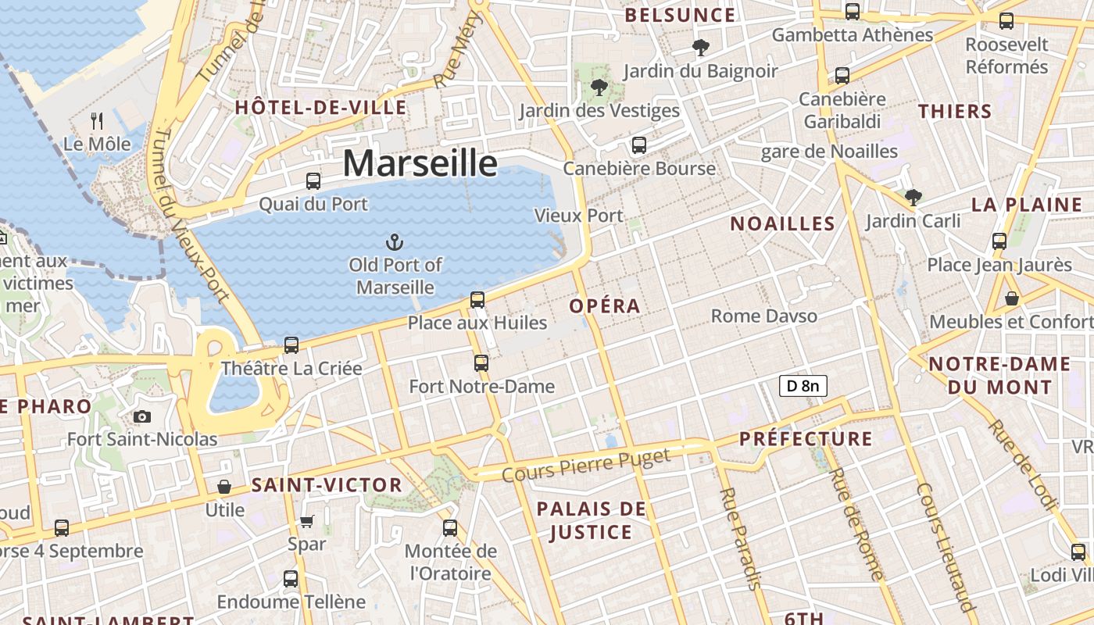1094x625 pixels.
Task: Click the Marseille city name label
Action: (420, 163)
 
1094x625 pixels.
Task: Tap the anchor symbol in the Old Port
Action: (395, 241)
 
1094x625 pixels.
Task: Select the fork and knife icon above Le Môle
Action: (97, 120)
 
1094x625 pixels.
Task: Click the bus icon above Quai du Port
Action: (313, 181)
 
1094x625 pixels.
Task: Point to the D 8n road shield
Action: (803, 385)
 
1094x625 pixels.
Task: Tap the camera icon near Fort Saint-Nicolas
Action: (141, 416)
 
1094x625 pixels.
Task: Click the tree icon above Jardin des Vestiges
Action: (599, 87)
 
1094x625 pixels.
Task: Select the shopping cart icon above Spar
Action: (307, 521)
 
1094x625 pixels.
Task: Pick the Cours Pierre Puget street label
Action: (586, 465)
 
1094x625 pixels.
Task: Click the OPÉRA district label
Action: (605, 306)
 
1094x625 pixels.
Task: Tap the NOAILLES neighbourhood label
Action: (782, 224)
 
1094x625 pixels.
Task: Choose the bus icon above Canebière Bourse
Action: (639, 145)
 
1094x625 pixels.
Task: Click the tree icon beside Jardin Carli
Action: (913, 198)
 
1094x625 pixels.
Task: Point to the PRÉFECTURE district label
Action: (806, 439)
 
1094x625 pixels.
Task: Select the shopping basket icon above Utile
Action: (224, 487)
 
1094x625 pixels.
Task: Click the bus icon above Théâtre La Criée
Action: (291, 345)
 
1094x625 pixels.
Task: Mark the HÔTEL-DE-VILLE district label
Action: (321, 108)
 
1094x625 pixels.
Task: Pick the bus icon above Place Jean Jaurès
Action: (999, 241)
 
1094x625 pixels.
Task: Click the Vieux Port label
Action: (579, 216)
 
